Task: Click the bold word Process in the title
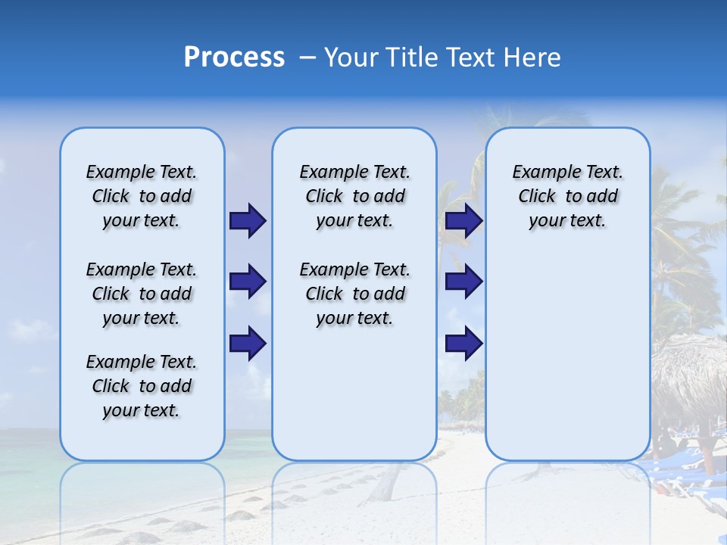coord(234,58)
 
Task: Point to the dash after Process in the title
coord(307,58)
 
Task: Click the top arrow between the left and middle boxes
coord(248,220)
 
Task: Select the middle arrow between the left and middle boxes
coord(248,282)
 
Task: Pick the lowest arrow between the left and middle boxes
coord(248,343)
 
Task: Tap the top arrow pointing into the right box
coord(463,220)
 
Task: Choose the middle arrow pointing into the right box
coord(463,282)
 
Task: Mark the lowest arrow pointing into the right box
coord(463,343)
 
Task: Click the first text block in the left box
coord(142,196)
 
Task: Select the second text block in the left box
coord(142,294)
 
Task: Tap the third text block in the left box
coord(142,386)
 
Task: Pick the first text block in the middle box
coord(354,196)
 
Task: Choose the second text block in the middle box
coord(354,294)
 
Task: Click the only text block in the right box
coord(567,196)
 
